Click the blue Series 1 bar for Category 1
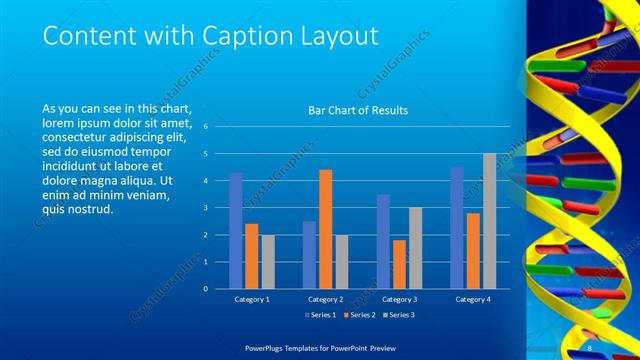236,231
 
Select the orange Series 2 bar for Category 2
325,229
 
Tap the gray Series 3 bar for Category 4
489,221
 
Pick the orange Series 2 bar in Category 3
399,264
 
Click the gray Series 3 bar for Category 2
342,262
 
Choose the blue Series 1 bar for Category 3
383,241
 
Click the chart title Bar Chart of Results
357,111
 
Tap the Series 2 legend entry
357,315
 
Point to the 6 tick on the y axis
205,127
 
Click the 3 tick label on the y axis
205,208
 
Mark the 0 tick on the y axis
205,289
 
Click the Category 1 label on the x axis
251,299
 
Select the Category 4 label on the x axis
473,299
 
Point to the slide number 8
590,347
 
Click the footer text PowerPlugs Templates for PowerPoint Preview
320,347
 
